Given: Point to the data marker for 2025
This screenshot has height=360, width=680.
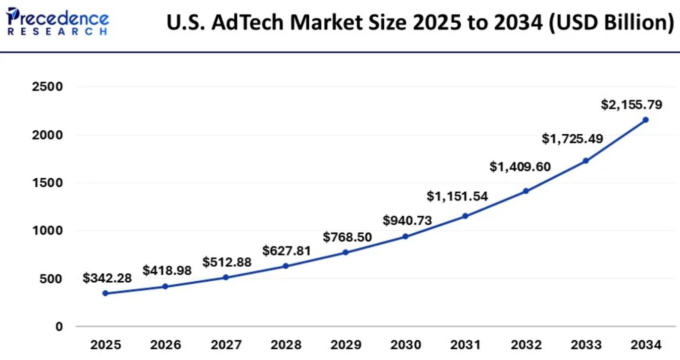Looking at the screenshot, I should click(105, 293).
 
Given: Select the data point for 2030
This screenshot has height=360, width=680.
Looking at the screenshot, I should click(405, 236).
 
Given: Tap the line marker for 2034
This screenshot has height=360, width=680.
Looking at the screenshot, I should click(646, 120).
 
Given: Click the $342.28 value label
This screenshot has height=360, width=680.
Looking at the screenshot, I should click(107, 278).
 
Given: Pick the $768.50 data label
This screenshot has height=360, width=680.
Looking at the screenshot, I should click(348, 237).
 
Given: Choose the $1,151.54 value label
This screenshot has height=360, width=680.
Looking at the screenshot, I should click(457, 196).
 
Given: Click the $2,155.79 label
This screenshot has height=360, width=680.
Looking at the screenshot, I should click(632, 105).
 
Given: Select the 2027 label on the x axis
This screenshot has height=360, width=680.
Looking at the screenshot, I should click(226, 345).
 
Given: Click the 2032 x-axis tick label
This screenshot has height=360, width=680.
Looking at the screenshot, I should click(526, 345).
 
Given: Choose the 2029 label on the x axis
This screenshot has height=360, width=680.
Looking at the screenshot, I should click(346, 345).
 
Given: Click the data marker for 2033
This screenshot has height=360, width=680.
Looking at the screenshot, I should click(586, 161).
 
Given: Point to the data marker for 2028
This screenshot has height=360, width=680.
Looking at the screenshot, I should click(285, 266).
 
